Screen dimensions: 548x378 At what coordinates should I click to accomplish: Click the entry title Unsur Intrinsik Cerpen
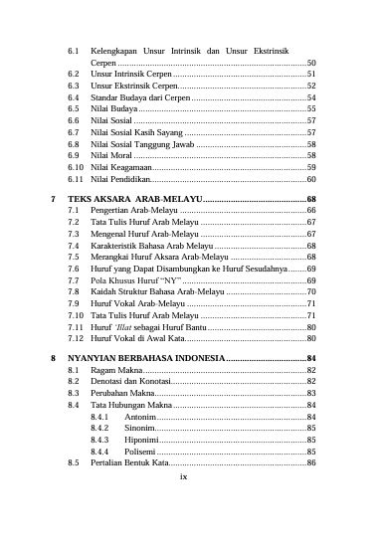(x=131, y=74)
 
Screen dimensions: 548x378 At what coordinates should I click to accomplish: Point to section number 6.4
(x=74, y=98)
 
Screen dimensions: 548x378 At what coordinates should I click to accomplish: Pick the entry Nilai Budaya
(x=113, y=108)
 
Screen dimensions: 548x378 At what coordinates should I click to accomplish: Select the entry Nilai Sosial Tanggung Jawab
(x=141, y=143)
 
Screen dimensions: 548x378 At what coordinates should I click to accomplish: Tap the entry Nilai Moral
(x=111, y=155)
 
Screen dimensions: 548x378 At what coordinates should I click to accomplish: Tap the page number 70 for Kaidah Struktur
(x=310, y=292)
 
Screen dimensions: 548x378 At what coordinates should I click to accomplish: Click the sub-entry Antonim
(x=141, y=417)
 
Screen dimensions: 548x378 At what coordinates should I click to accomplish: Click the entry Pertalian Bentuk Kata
(x=129, y=463)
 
